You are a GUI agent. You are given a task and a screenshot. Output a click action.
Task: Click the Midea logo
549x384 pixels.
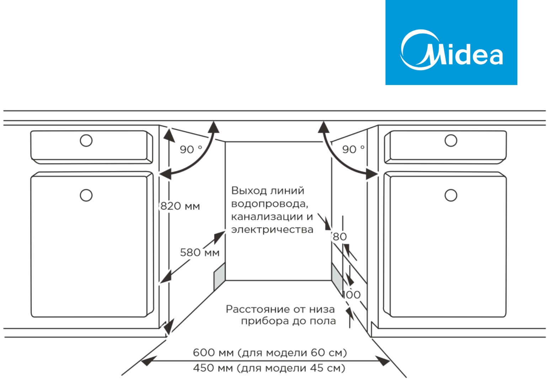[451, 43]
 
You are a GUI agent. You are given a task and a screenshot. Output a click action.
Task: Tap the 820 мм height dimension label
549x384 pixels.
[180, 206]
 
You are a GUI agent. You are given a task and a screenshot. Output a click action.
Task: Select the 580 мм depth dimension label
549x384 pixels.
[199, 252]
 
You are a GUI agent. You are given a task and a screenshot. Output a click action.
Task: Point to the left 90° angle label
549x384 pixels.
[191, 149]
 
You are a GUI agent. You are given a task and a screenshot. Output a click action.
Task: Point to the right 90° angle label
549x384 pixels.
[353, 149]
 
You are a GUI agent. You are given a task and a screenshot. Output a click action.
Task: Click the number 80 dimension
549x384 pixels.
[340, 237]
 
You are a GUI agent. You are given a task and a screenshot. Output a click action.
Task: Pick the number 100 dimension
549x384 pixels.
[352, 295]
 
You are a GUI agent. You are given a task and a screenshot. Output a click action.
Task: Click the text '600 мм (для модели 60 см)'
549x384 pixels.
[270, 353]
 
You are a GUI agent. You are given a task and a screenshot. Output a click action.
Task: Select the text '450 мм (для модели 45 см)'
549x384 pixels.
[269, 368]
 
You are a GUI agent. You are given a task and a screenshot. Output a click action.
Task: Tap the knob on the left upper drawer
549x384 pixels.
[86, 140]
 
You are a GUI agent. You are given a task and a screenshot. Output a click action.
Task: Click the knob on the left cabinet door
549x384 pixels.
[86, 195]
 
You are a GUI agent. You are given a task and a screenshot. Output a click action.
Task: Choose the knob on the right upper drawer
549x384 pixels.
[451, 140]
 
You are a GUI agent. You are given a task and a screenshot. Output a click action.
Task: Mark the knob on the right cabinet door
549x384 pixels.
[451, 195]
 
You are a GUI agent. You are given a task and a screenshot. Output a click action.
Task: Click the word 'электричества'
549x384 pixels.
[272, 230]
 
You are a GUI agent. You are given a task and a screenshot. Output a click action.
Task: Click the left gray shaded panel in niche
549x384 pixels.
[219, 277]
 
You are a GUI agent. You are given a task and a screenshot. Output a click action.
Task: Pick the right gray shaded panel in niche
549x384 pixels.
[337, 276]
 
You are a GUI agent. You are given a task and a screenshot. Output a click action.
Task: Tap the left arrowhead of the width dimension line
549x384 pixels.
[147, 362]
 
